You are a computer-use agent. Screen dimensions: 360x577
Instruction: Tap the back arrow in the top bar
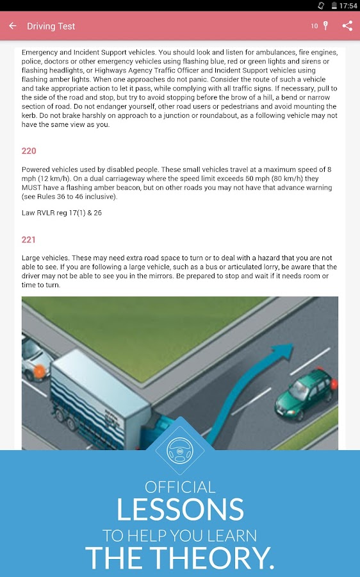(13, 26)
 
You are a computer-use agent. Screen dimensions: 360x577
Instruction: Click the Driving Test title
(51, 26)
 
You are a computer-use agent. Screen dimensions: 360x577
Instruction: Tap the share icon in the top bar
(347, 26)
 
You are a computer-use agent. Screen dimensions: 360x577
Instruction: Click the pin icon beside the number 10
(325, 26)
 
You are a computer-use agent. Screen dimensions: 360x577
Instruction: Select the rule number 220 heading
(29, 151)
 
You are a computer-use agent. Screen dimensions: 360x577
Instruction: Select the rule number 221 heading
(29, 240)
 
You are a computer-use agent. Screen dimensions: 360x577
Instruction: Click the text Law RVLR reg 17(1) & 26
(61, 213)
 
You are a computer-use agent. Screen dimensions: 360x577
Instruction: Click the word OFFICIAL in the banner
(180, 487)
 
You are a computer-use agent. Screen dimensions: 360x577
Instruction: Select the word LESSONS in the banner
(180, 510)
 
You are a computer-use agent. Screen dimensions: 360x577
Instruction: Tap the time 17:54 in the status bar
(348, 5)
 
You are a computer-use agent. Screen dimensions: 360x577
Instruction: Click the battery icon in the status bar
(334, 5)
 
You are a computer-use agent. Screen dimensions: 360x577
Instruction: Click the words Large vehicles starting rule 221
(45, 258)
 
